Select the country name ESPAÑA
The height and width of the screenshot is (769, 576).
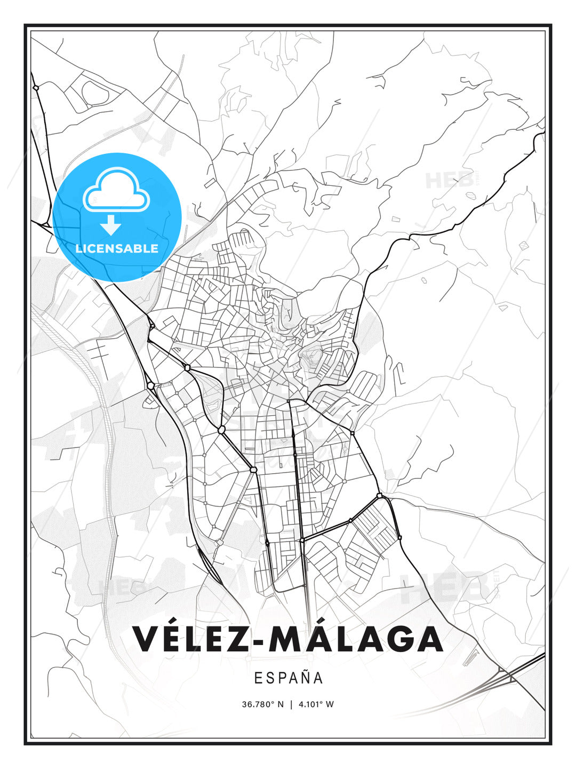(289, 678)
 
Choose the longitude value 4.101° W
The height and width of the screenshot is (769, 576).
(316, 704)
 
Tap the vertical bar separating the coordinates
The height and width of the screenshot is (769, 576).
(291, 704)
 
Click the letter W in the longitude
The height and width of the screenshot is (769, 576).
(330, 704)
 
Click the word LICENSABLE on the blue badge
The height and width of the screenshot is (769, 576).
(117, 248)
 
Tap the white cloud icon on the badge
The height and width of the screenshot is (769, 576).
(116, 189)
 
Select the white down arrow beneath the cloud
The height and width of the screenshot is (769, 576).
(111, 225)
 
